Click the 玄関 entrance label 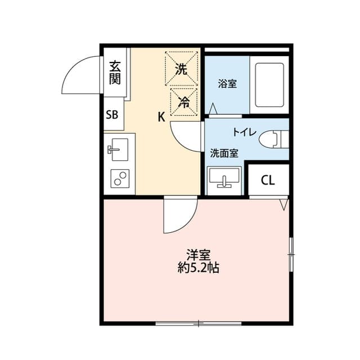point(115,72)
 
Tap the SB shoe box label point(112,115)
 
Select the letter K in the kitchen point(161,117)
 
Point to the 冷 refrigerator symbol point(183,101)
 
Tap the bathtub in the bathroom point(270,84)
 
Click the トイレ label point(245,132)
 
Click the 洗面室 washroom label point(224,152)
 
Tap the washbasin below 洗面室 point(225,180)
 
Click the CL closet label point(268,180)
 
